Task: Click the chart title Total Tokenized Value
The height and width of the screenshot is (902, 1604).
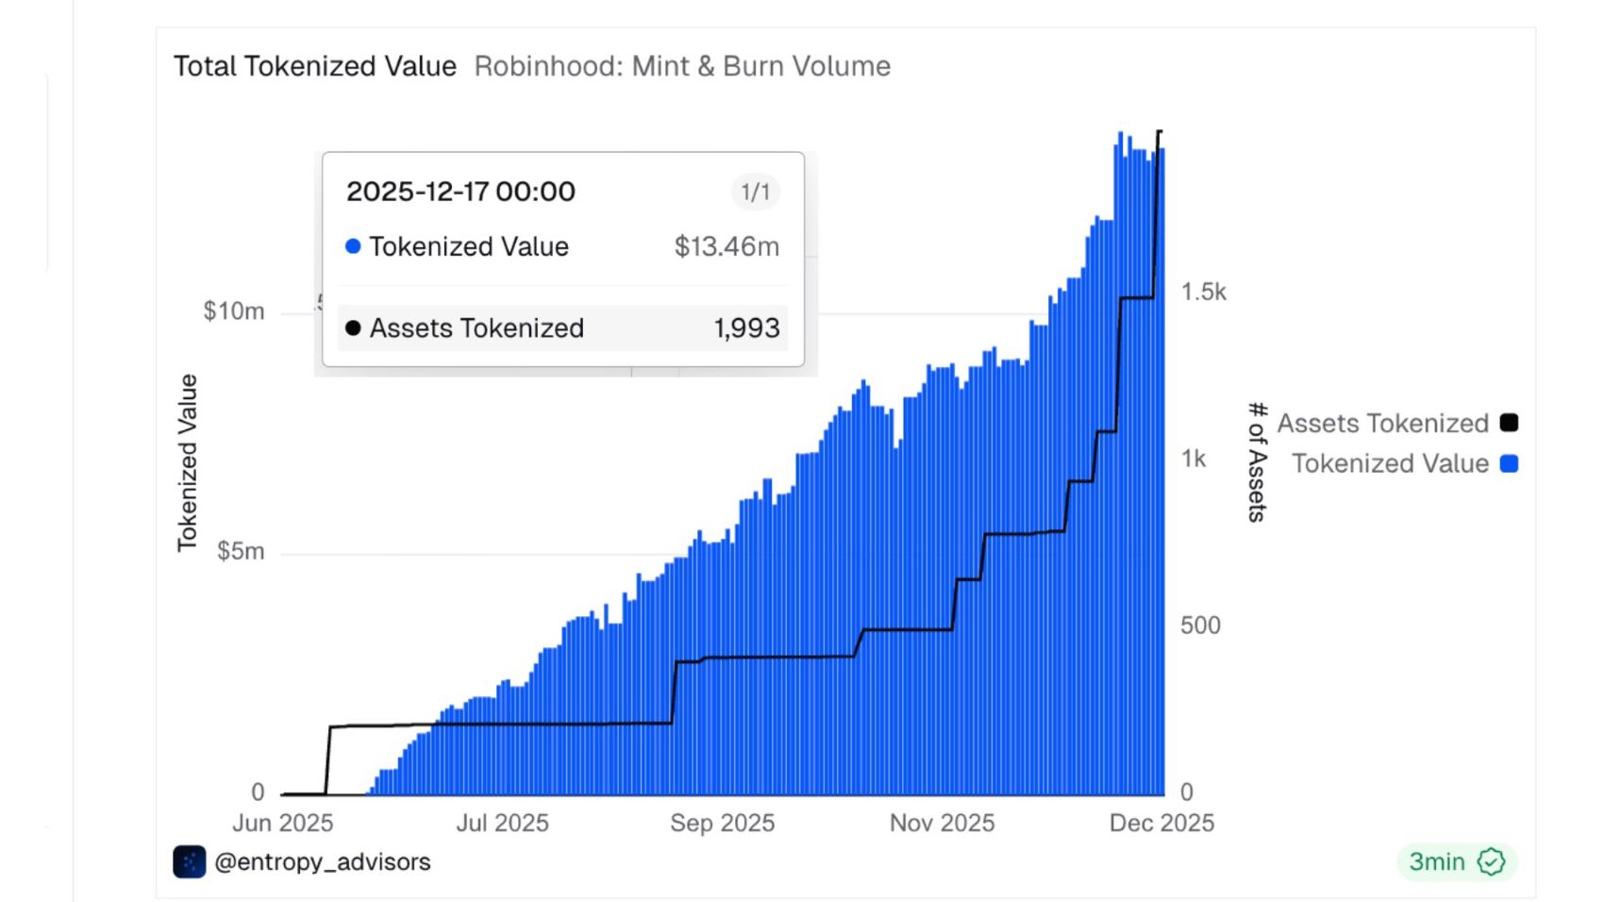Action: click(314, 66)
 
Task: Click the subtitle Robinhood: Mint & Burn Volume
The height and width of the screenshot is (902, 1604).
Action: click(682, 66)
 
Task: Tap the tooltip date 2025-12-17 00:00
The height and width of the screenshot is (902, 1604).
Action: click(460, 192)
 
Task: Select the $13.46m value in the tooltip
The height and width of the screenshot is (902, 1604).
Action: click(727, 246)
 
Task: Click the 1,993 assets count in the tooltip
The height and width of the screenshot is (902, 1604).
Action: click(746, 328)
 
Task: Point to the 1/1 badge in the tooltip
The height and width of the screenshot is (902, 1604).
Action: click(755, 192)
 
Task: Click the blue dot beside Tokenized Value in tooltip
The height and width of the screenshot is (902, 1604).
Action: click(353, 246)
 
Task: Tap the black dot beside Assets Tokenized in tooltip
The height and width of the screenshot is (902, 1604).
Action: click(353, 328)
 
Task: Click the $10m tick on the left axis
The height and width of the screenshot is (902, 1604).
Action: click(233, 311)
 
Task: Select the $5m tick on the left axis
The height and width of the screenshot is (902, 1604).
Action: click(240, 551)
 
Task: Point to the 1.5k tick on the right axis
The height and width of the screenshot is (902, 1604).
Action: click(1203, 292)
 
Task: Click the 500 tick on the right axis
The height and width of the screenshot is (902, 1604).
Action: click(1200, 626)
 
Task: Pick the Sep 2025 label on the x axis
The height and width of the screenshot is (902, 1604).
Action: click(722, 823)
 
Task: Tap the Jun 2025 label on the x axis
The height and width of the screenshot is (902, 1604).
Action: click(282, 823)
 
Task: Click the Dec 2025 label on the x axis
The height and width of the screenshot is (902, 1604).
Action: click(1161, 823)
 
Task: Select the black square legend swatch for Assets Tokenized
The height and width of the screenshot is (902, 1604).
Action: click(1509, 423)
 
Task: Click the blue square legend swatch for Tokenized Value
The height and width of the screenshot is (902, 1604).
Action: click(1509, 463)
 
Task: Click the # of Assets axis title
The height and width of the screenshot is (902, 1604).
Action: click(1256, 461)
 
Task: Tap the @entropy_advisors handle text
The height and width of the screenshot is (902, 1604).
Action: click(322, 861)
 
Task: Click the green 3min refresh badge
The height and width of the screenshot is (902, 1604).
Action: click(1456, 861)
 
